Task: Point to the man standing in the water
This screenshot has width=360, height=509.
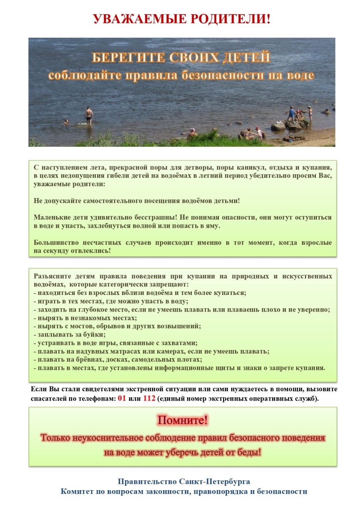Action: [89, 115]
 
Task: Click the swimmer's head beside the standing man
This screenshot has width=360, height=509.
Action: [66, 122]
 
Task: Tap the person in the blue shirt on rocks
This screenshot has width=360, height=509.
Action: [292, 114]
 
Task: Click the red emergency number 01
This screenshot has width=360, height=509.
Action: [122, 399]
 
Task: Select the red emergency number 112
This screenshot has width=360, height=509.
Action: [149, 399]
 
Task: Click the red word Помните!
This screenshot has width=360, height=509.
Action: [182, 420]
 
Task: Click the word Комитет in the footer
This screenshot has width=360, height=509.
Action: [77, 491]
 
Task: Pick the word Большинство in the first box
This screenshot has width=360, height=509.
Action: [55, 243]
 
